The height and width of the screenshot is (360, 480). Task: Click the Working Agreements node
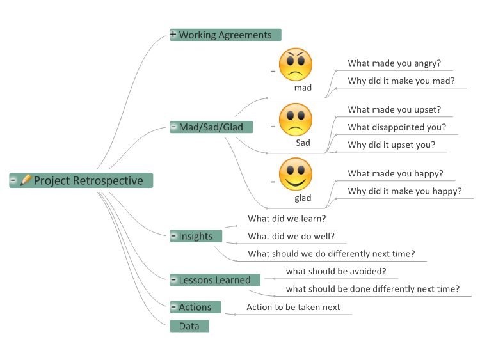point(226,35)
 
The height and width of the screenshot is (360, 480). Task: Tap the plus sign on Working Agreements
point(173,34)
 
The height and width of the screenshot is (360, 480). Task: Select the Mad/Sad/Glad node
point(211,127)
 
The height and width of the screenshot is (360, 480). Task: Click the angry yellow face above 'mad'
point(296,64)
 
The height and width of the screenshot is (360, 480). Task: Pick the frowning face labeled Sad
point(296,120)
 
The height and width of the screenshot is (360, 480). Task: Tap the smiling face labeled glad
point(296,175)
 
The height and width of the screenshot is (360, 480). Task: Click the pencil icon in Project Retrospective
point(26,180)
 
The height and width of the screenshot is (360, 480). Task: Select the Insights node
point(196,236)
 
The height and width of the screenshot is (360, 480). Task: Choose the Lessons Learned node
point(215,280)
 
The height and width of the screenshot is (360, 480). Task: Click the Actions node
point(195,307)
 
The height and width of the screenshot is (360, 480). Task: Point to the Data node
point(189,326)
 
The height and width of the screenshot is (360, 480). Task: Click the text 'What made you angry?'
point(394,63)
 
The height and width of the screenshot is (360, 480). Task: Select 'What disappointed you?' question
point(397,127)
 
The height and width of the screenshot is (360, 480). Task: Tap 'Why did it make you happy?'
point(404,191)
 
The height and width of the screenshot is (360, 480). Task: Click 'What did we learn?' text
point(287,219)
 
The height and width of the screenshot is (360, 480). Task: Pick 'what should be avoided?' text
point(336,271)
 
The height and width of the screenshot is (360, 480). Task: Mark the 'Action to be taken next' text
point(293,307)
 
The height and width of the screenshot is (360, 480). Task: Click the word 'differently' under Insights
point(348,254)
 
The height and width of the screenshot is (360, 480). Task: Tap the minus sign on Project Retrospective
point(13,180)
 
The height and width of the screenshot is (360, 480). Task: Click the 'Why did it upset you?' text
point(392,145)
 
